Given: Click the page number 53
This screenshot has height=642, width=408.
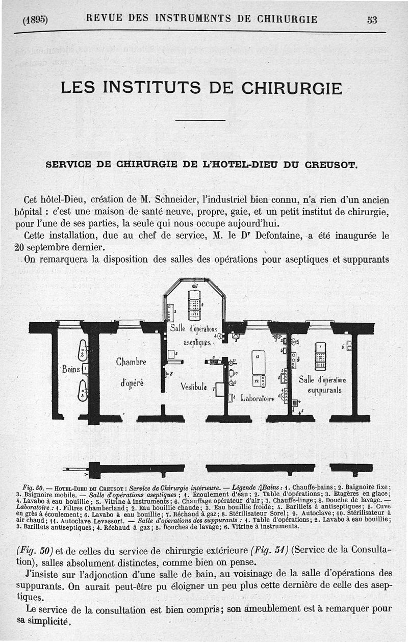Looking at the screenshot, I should click(372, 20).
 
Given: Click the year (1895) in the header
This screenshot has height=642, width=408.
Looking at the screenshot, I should click(35, 20).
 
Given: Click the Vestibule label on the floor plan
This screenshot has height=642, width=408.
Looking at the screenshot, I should click(193, 387).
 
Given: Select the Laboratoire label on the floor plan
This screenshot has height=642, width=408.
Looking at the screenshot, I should click(258, 398).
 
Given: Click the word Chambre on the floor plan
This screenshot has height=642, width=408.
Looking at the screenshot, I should click(131, 363).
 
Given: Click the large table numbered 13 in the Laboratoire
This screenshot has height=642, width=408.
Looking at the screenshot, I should click(258, 363).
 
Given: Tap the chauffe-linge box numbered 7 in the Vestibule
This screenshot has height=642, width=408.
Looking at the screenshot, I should click(220, 389).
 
